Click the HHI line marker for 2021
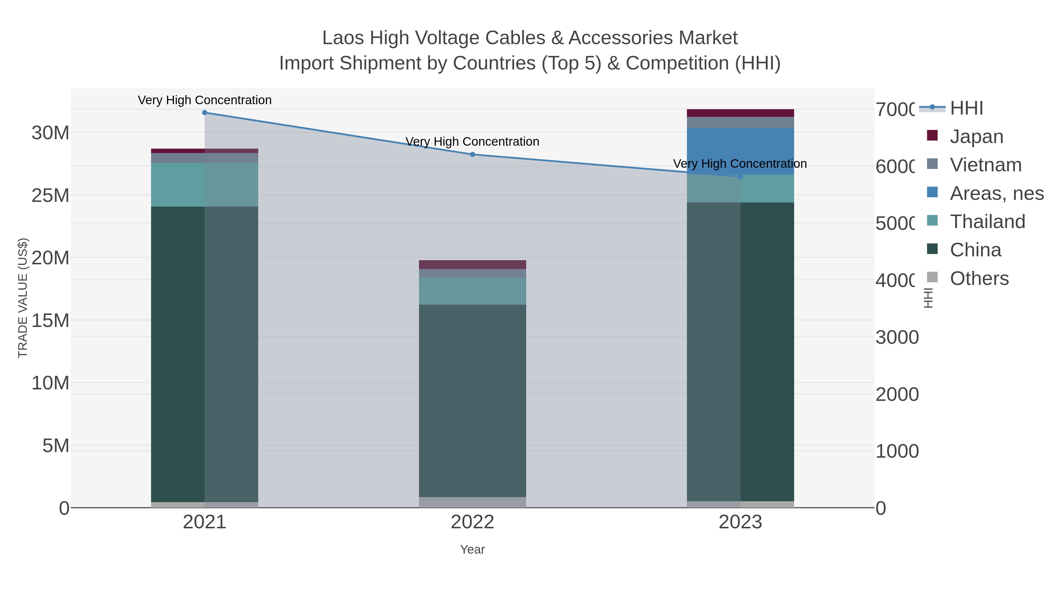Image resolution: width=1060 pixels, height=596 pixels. pos(205,113)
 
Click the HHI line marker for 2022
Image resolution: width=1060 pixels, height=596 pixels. pos(472,155)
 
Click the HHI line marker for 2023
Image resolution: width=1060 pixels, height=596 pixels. pos(740,177)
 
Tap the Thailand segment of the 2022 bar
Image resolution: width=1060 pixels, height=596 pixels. pos(472,291)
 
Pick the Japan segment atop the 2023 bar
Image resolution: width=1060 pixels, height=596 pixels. pos(740,113)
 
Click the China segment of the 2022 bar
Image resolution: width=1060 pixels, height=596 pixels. pos(472,401)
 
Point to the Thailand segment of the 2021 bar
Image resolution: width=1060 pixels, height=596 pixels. pos(205,185)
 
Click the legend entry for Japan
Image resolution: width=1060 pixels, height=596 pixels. pos(976,137)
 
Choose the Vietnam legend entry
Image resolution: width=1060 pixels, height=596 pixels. pos(985,165)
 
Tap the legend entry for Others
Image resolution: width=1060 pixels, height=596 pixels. pos(979,278)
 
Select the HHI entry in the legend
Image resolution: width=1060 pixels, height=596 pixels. pos(966,108)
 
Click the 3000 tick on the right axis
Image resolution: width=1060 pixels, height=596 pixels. pos(897,338)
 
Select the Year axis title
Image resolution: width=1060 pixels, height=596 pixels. pos(472,549)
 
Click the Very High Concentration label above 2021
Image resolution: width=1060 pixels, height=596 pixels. pos(205,100)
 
